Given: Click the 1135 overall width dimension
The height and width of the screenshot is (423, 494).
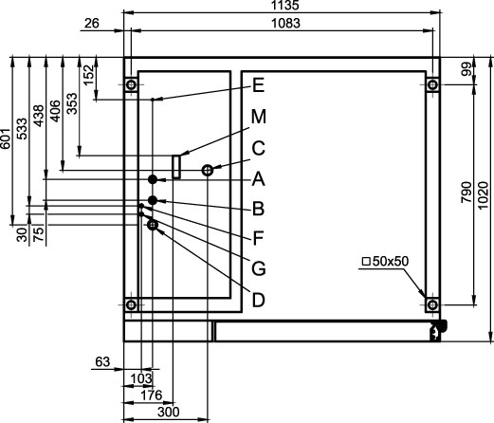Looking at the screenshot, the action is click(284, 6).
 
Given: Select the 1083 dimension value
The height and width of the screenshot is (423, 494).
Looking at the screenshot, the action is click(286, 24).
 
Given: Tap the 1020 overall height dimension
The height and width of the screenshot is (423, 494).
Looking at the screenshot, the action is click(483, 195).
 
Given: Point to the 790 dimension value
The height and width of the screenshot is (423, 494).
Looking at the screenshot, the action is click(467, 193).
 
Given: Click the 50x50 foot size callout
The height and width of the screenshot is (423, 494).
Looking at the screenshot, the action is click(386, 262).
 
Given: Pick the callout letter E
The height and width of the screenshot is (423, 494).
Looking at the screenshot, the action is click(259, 85).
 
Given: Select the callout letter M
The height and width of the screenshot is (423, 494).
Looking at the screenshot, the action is click(259, 117).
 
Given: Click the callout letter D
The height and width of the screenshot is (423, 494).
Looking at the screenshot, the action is click(258, 300).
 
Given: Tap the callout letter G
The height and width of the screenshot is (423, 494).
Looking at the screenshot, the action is click(259, 268).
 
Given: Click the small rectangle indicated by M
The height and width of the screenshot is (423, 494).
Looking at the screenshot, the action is click(176, 167).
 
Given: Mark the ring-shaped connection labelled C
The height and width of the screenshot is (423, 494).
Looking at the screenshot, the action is click(208, 171).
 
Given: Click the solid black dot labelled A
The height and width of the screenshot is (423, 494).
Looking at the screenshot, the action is click(153, 179).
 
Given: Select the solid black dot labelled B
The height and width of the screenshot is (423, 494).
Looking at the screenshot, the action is click(153, 200).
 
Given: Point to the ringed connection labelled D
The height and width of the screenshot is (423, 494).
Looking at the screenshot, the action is click(153, 225).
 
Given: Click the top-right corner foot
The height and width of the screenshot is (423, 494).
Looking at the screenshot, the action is click(432, 84).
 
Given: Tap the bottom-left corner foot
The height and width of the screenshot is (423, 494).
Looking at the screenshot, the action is click(131, 305).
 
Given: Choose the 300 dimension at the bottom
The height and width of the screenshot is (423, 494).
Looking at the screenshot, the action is click(169, 412).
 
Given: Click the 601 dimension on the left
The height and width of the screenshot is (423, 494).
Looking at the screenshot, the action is click(6, 138).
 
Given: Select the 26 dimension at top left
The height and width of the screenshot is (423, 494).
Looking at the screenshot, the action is click(92, 23).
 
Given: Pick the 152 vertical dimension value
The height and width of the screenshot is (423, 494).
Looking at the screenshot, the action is click(89, 75).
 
